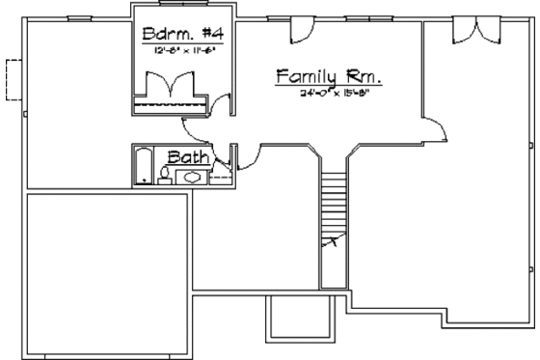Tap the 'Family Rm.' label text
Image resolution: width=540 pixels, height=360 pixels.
(329, 76)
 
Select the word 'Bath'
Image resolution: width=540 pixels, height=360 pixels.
(185, 156)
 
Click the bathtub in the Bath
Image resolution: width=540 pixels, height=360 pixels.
(144, 164)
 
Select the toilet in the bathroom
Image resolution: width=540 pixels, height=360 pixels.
(165, 175)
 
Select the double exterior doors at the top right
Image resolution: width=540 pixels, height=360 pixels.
(479, 29)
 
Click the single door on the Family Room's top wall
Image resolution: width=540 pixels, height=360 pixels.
(300, 30)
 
